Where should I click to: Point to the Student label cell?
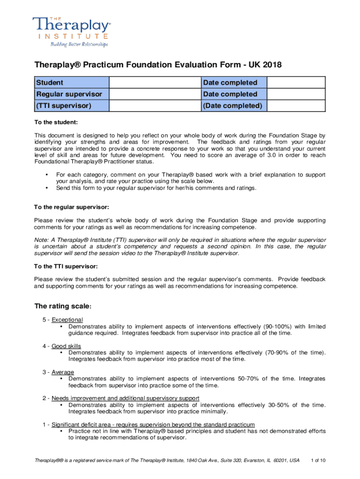pos(71,83)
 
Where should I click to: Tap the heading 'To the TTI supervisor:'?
pos(66,266)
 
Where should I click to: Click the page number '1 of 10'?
pos(318,460)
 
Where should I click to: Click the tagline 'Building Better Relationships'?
pos(79,44)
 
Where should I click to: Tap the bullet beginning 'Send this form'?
pos(156,188)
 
